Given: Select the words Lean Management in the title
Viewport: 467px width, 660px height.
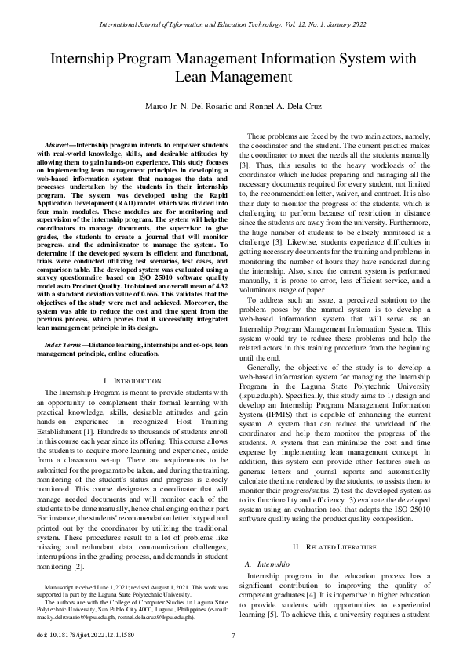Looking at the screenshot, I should pos(233,77).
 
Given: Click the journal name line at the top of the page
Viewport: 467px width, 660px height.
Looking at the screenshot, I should pos(233,25).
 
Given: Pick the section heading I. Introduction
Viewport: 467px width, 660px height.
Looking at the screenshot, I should pos(131,380).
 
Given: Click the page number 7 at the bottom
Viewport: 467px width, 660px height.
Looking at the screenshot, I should pos(233,635).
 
